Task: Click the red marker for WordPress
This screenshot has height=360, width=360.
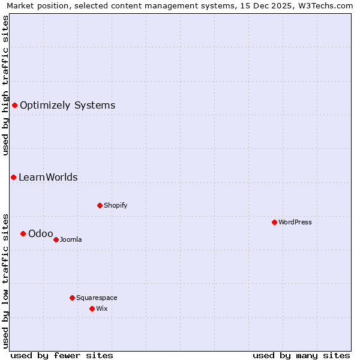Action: click(x=274, y=222)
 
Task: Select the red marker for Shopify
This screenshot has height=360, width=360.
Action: click(x=100, y=205)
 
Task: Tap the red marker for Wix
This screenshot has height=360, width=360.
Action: click(x=92, y=308)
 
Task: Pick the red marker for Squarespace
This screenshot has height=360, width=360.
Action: click(x=72, y=298)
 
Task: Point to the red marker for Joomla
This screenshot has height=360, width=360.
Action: click(x=56, y=239)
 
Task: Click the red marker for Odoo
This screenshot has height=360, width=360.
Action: click(x=23, y=233)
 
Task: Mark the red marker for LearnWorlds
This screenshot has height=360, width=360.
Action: click(x=13, y=177)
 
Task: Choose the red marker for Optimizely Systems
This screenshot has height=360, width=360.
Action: click(x=14, y=105)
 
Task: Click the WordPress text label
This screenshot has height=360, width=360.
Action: click(x=295, y=222)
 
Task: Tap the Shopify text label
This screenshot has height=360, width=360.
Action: click(x=116, y=205)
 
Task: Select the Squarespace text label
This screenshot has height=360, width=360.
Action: click(x=97, y=298)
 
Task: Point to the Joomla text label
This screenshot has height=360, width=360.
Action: click(x=71, y=239)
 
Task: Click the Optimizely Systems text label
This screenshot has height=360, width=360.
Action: click(x=67, y=106)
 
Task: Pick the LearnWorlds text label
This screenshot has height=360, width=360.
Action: click(x=48, y=178)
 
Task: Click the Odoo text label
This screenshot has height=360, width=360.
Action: click(x=40, y=233)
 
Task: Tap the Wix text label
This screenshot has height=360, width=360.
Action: click(x=101, y=308)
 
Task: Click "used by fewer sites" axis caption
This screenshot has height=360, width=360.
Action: click(x=62, y=355)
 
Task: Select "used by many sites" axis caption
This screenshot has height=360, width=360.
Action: click(x=301, y=355)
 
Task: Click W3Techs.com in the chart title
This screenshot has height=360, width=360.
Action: click(x=327, y=5)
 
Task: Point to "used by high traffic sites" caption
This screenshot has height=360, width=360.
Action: click(x=6, y=85)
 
